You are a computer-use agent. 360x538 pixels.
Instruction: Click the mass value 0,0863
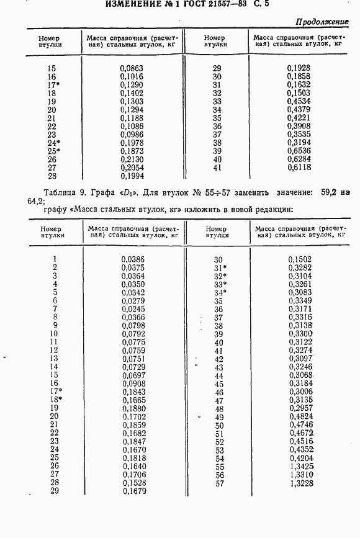tap(130, 67)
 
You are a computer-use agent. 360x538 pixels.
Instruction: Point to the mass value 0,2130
tap(130, 159)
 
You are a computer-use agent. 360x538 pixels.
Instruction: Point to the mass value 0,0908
tap(133, 383)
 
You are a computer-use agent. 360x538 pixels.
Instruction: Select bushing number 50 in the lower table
tap(218, 425)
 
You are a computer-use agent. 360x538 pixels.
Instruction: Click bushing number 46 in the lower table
tap(218, 392)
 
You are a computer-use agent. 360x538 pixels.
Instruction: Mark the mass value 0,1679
tap(133, 491)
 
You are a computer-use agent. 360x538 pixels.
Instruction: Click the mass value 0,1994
tap(130, 176)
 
